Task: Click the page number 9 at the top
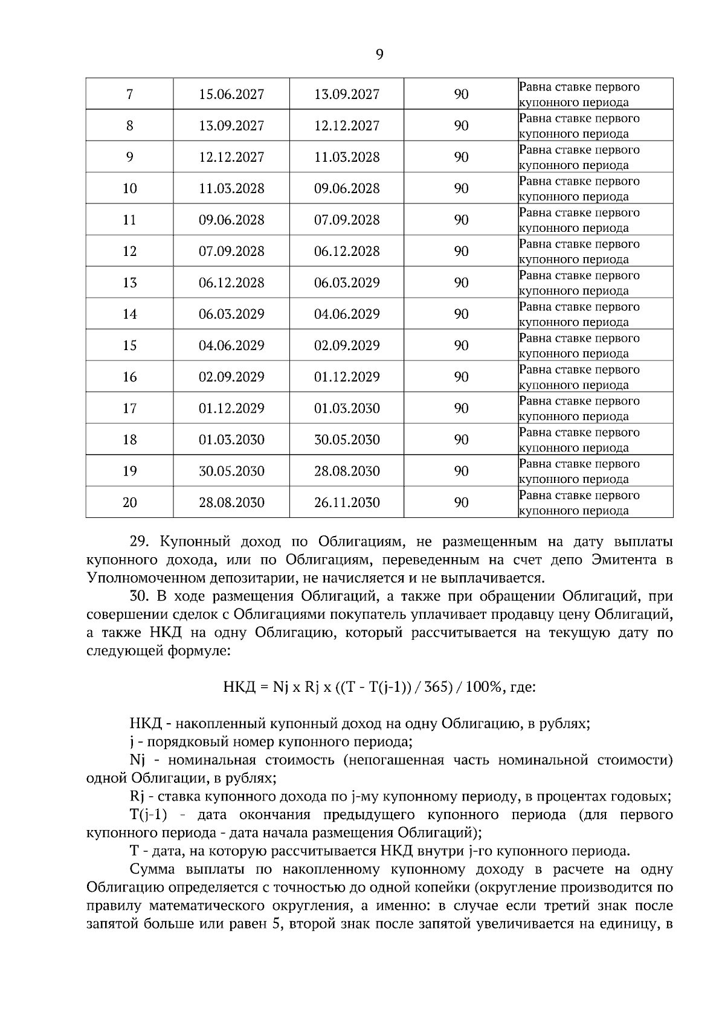tap(379, 55)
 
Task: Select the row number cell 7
tap(130, 94)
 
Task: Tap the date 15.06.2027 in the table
tap(231, 94)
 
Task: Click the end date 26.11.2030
tap(347, 502)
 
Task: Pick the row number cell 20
tap(130, 502)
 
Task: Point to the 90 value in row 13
tap(461, 283)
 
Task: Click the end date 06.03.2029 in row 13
tap(347, 283)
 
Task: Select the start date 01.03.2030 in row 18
tap(231, 439)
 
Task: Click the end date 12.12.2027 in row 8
tap(347, 126)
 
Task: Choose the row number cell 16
tap(130, 377)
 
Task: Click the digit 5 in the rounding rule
tap(278, 924)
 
